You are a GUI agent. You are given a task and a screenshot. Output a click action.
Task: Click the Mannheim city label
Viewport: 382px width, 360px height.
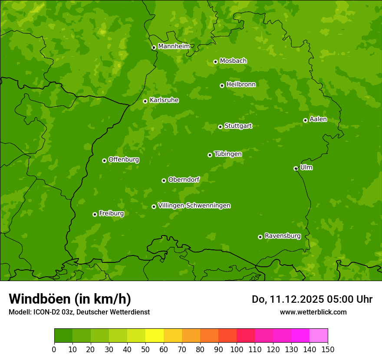point(174,46)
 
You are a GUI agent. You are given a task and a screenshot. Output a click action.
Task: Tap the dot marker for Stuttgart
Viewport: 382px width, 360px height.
point(220,127)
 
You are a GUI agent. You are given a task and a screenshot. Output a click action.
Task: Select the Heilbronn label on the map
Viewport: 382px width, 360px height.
point(241,85)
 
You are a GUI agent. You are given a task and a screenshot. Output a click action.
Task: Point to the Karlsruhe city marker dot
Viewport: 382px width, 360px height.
point(145,101)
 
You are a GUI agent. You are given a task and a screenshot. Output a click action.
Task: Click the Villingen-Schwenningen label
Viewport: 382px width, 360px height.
point(194,206)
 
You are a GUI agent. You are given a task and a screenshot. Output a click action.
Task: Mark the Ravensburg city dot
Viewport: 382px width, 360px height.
point(260,237)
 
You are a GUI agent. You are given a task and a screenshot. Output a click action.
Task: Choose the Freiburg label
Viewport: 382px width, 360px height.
point(111,213)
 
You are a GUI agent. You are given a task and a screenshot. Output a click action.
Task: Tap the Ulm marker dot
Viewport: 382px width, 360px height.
point(296,168)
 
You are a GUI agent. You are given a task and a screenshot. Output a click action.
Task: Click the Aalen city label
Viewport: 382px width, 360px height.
point(318,119)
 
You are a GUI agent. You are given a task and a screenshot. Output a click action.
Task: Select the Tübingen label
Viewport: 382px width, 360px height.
point(228,154)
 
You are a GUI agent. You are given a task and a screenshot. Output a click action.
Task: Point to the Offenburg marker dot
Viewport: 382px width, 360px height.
point(104,160)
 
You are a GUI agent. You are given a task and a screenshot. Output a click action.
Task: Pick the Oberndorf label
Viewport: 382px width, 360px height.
point(184,180)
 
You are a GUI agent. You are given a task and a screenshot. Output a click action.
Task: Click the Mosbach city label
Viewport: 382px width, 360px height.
point(233,61)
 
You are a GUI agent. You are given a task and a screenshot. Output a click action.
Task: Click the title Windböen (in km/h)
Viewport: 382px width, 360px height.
point(70,299)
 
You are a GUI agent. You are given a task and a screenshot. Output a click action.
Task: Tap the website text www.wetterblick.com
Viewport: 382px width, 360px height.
point(313,312)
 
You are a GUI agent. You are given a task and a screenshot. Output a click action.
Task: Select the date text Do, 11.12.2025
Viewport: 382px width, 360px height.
point(288,299)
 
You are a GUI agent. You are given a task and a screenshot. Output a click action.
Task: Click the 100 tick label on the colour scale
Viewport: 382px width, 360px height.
point(237,349)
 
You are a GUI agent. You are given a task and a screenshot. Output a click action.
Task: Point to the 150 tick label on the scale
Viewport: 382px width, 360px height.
point(328,349)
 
